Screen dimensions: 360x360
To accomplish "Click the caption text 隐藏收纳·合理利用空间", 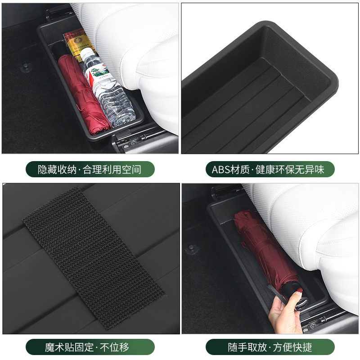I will tap(90, 169).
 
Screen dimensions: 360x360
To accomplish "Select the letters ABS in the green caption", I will tap(220, 169).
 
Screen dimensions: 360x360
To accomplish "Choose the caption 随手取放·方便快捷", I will tap(270, 347).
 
